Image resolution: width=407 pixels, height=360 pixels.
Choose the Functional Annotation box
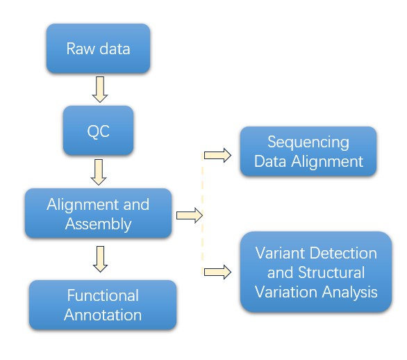(x=103, y=304)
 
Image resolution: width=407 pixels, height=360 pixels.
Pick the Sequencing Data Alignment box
(x=307, y=152)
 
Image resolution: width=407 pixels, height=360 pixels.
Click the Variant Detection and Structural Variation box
(x=316, y=272)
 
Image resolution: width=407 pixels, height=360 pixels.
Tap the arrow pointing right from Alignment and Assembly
(x=188, y=215)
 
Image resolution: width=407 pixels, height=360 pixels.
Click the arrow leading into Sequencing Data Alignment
(x=218, y=154)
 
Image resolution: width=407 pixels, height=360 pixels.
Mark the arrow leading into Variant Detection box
(x=218, y=271)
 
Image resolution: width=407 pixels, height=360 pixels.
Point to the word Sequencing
(x=309, y=142)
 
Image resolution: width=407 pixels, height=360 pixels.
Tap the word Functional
(x=103, y=295)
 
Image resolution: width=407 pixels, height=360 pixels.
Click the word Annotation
(x=103, y=315)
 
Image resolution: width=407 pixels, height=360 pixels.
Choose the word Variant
(x=280, y=253)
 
